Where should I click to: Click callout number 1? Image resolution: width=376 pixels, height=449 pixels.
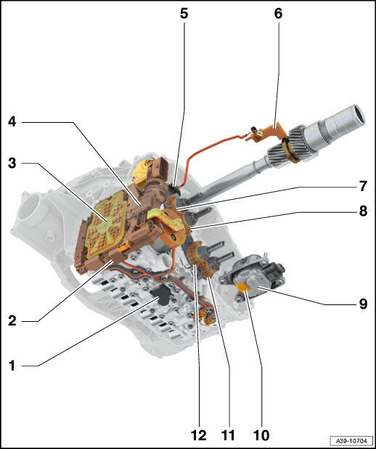(x=12, y=365)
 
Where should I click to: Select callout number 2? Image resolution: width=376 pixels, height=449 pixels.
(x=12, y=320)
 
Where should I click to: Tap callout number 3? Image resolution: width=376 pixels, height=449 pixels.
(x=12, y=163)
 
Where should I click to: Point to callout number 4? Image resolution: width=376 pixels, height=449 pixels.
(x=12, y=122)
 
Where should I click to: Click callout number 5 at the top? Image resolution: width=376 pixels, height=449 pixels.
(x=184, y=13)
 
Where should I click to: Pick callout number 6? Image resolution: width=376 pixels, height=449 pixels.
(x=278, y=13)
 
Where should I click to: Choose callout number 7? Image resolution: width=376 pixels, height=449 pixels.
(x=363, y=187)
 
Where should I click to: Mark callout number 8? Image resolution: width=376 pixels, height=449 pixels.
(x=363, y=211)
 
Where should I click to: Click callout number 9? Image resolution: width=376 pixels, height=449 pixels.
(x=363, y=304)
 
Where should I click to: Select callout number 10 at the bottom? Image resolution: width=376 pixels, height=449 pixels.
(x=261, y=435)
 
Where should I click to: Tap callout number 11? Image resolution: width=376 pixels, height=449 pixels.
(x=228, y=435)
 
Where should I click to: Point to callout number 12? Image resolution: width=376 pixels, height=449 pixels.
(x=199, y=435)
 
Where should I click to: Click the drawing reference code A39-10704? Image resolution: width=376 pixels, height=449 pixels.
(x=351, y=440)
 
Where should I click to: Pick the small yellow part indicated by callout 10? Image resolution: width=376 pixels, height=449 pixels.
(x=242, y=287)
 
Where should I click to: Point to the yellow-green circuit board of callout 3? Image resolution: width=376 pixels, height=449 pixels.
(x=107, y=223)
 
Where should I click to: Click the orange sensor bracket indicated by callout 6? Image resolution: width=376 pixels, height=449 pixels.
(x=266, y=132)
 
